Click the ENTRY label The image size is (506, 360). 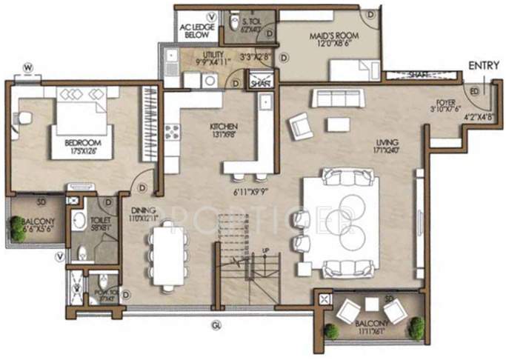[485, 66]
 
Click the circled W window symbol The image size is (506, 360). [27, 67]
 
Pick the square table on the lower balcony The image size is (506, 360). [370, 304]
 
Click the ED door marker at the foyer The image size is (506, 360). [474, 90]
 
